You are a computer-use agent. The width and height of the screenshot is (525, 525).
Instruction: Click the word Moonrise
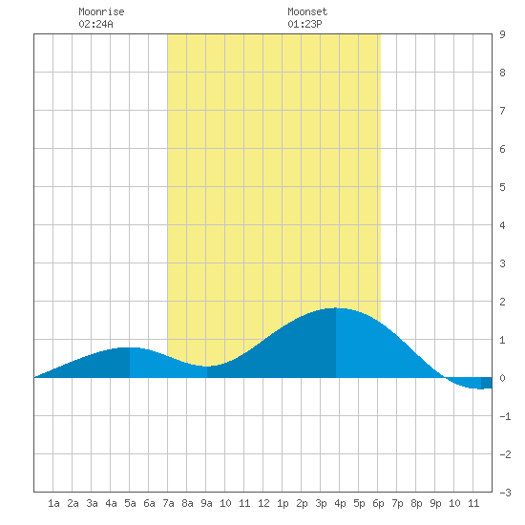[x=101, y=11]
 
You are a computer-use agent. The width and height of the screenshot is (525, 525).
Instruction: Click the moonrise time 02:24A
[x=95, y=24]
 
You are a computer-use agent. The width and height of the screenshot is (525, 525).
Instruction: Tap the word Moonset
[x=307, y=11]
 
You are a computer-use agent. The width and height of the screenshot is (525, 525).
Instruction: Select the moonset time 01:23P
[x=304, y=24]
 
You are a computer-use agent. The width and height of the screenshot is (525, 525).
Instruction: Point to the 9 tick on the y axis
[x=502, y=34]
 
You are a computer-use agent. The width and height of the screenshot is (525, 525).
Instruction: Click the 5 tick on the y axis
[x=502, y=187]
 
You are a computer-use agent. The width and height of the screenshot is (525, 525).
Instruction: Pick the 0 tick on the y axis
[x=502, y=378]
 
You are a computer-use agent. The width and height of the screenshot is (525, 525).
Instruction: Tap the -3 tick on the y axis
[x=505, y=493]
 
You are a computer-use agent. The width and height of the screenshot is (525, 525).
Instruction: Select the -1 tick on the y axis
[x=505, y=416]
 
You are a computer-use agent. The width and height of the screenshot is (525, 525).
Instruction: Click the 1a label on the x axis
[x=53, y=503]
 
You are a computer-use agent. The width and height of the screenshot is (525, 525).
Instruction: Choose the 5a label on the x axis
[x=130, y=503]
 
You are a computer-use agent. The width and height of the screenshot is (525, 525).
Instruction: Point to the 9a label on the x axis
[x=206, y=503]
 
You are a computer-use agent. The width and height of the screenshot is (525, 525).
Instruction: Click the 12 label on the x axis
[x=263, y=503]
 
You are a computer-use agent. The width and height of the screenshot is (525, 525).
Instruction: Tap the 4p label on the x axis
[x=340, y=503]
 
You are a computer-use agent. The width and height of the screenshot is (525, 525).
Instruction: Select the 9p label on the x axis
[x=435, y=503]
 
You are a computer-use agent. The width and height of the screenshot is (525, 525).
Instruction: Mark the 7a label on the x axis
[x=168, y=503]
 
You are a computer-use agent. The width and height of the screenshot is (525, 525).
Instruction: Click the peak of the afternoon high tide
[x=336, y=308]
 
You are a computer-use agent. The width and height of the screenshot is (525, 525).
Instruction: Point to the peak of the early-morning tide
[x=130, y=347]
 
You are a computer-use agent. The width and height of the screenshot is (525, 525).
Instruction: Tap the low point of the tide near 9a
[x=207, y=367]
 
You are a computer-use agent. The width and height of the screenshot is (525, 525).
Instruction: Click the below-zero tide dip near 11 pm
[x=481, y=388]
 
